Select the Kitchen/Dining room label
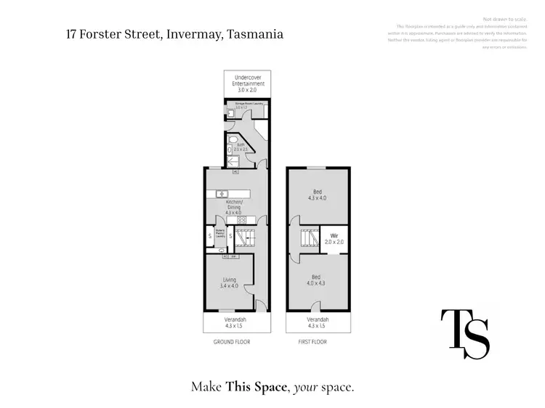pyautogui.click(x=234, y=207)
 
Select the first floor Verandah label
pyautogui.click(x=318, y=322)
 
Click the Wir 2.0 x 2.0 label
pyautogui.click(x=335, y=239)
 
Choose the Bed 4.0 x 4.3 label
pyautogui.click(x=317, y=280)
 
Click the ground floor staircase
pyautogui.click(x=247, y=237)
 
